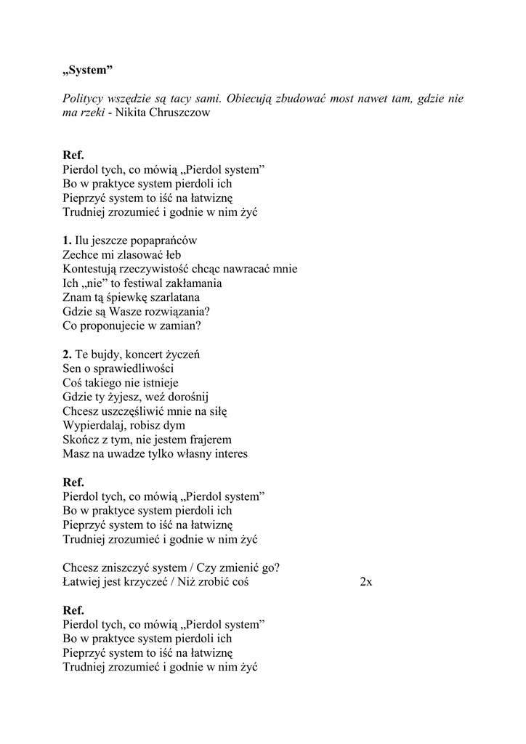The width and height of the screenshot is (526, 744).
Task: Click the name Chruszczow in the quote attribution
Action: coord(180,113)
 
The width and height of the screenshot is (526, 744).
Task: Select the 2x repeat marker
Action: coord(366,582)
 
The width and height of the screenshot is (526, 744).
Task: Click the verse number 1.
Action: coord(67,240)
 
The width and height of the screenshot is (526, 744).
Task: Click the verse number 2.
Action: coord(67,354)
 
